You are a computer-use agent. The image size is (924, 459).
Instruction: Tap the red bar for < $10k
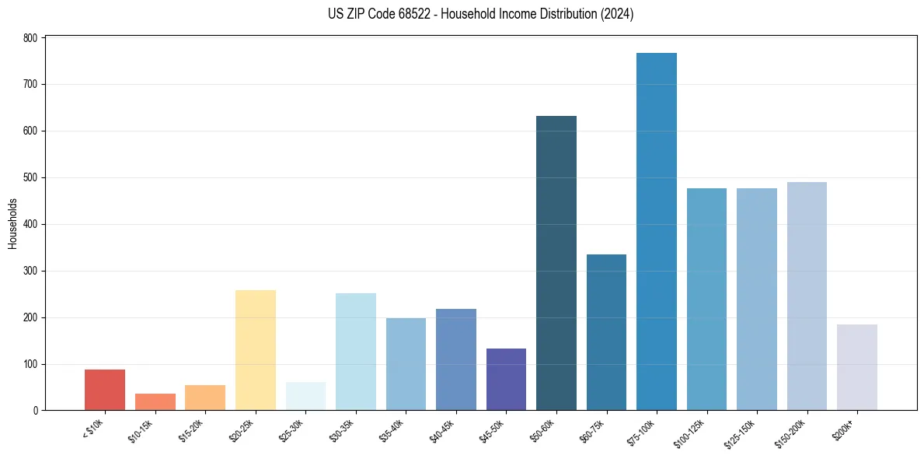click(x=105, y=390)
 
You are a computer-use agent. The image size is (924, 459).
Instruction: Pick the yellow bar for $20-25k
click(x=256, y=350)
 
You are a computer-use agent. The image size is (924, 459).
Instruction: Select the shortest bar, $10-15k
click(x=155, y=402)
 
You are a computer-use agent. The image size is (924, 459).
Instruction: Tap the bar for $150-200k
click(x=807, y=296)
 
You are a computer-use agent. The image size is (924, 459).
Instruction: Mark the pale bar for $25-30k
click(x=305, y=396)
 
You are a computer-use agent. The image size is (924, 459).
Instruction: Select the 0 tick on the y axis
click(x=36, y=411)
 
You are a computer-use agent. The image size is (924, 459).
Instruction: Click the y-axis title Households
click(x=12, y=223)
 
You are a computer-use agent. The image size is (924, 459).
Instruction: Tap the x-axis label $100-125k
click(x=697, y=433)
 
